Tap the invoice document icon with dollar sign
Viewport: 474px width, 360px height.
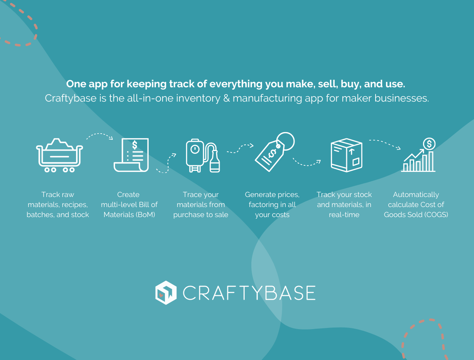[x=131, y=155]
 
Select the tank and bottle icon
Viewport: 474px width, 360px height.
[x=203, y=156]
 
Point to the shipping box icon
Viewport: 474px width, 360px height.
[x=346, y=155]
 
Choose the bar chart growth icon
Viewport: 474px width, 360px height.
[x=418, y=155]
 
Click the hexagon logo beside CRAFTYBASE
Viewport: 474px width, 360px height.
[x=166, y=292]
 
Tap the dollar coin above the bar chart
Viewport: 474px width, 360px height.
[x=429, y=144]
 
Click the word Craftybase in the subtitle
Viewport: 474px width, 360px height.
[x=71, y=98]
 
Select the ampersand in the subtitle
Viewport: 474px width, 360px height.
[x=227, y=98]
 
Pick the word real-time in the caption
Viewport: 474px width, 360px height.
[x=344, y=215]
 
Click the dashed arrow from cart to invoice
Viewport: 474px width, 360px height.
[x=100, y=135]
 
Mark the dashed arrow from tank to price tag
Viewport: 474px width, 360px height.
[x=240, y=148]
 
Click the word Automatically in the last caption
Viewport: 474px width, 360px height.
[x=416, y=195]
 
